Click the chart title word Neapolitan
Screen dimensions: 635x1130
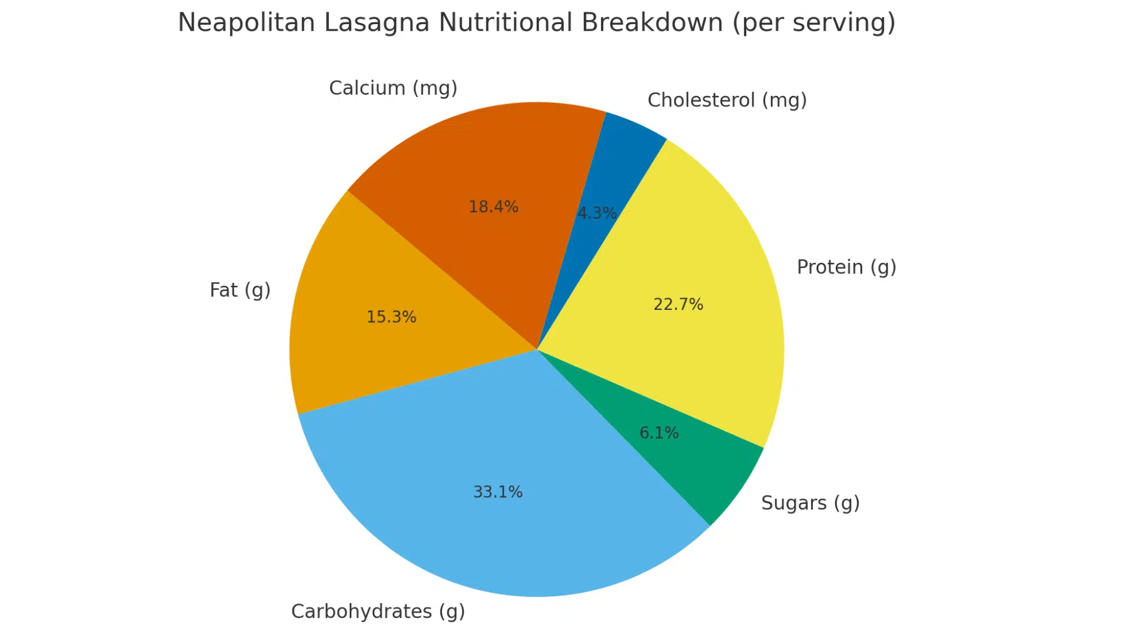point(247,23)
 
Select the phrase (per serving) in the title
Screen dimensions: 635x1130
point(814,23)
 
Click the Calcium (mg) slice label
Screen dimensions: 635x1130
point(393,88)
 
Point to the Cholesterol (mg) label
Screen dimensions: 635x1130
point(727,101)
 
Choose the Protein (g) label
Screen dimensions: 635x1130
point(846,268)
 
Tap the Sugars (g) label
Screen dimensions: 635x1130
point(810,503)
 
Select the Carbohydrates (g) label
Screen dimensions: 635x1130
point(378,611)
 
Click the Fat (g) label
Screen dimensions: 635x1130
point(240,290)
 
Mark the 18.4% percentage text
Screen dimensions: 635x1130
point(493,207)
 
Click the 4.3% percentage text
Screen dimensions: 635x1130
point(597,213)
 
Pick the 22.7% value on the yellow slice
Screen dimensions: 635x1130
point(678,305)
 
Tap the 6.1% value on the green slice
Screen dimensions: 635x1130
point(659,433)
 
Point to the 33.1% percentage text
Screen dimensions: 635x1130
point(498,492)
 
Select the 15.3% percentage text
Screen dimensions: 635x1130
point(391,317)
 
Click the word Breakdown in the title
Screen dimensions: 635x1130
point(652,23)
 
